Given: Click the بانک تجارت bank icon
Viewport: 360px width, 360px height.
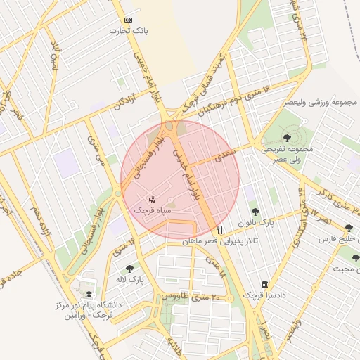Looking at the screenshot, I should pyautogui.click(x=128, y=20).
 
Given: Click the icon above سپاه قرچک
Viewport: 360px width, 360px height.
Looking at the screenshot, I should pyautogui.click(x=153, y=199).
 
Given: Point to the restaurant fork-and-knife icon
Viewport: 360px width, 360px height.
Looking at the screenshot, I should pyautogui.click(x=220, y=229).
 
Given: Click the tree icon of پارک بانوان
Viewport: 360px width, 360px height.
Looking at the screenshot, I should pyautogui.click(x=255, y=211).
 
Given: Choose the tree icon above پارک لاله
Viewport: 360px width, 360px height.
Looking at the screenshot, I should pyautogui.click(x=129, y=268).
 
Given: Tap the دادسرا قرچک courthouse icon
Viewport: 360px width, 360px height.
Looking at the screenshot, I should pyautogui.click(x=264, y=284).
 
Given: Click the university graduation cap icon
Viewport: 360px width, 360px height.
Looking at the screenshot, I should pyautogui.click(x=89, y=295).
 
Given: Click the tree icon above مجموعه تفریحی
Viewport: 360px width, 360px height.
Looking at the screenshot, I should pyautogui.click(x=287, y=137).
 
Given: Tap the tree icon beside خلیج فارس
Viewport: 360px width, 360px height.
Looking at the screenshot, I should pyautogui.click(x=348, y=228).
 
